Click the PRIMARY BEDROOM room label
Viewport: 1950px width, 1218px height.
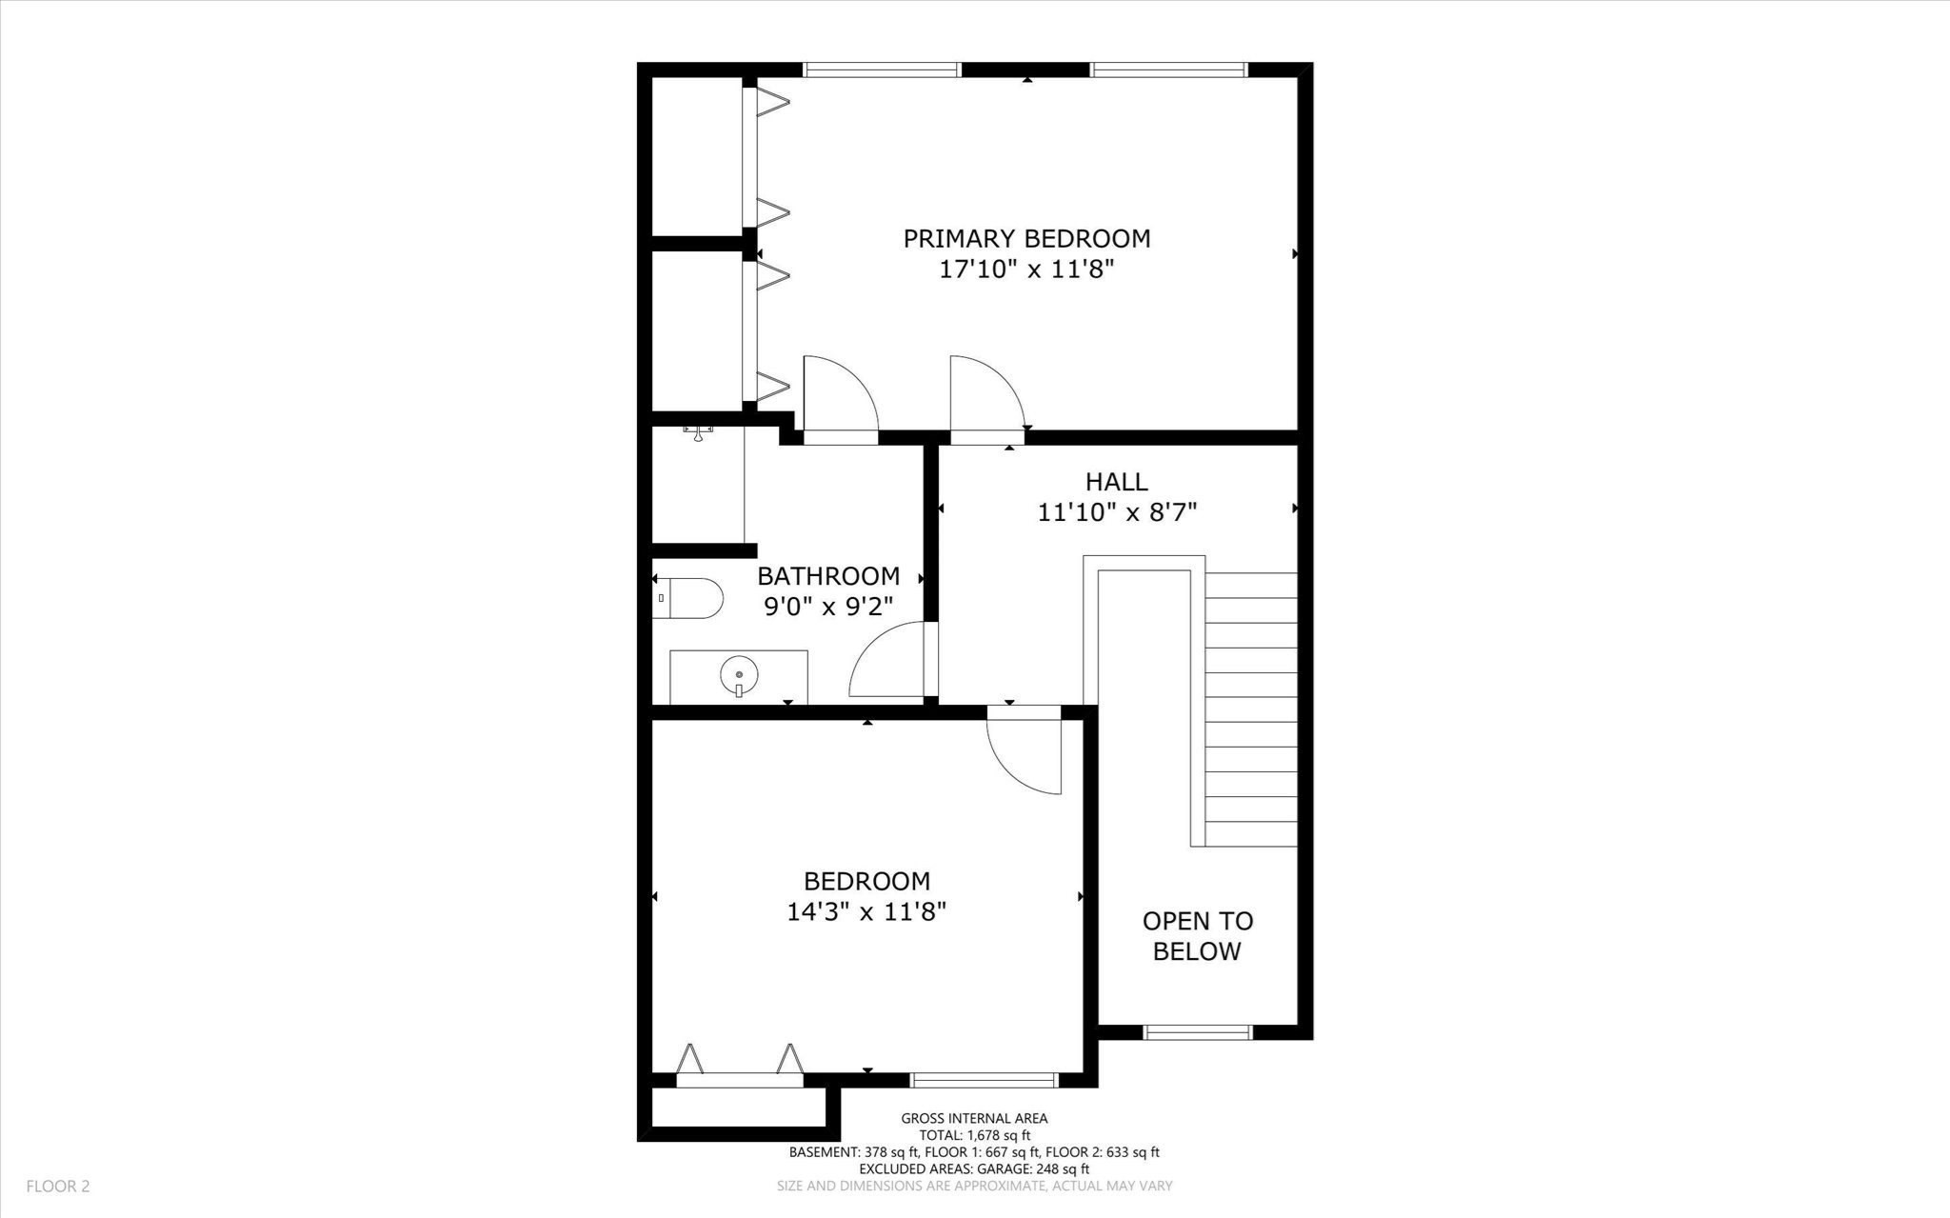(x=1026, y=238)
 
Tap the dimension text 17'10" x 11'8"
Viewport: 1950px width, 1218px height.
(x=1026, y=270)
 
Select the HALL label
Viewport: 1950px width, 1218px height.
(x=1116, y=481)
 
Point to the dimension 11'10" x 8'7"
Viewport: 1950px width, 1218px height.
(x=1116, y=512)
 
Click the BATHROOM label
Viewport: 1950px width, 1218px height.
(x=827, y=575)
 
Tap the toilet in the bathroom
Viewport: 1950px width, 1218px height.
(x=688, y=598)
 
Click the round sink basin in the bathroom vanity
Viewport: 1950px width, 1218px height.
(x=739, y=675)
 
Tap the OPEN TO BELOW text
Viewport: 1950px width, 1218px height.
(x=1197, y=935)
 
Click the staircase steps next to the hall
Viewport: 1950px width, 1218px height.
(x=1250, y=709)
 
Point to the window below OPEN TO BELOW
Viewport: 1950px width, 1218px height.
(x=1197, y=1032)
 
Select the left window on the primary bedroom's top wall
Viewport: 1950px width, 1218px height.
(x=882, y=70)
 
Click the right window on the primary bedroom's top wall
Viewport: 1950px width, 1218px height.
(x=1167, y=70)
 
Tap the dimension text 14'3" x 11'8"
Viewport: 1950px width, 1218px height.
(x=866, y=912)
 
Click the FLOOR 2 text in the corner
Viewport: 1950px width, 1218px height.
(x=57, y=1186)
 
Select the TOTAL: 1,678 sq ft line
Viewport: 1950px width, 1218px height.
(x=974, y=1135)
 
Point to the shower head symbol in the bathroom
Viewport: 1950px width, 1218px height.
(x=698, y=433)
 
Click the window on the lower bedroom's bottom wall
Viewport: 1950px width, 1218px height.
(x=984, y=1080)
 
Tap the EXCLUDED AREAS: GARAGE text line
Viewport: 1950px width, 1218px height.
(x=974, y=1168)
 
